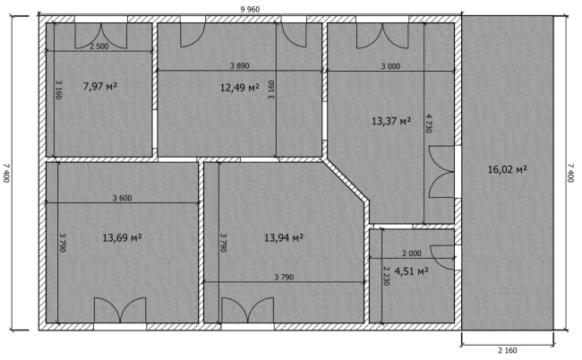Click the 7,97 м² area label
tap(100, 87)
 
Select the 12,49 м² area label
tap(239, 88)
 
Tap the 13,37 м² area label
tap(391, 121)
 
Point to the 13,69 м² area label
tap(122, 237)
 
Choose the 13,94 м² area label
tap(284, 237)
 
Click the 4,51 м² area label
tap(411, 271)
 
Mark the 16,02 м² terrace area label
tap(508, 169)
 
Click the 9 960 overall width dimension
tap(250, 9)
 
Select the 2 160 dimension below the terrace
tap(507, 350)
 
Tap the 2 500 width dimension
tap(99, 47)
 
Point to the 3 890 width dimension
tap(239, 66)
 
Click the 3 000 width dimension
tap(391, 66)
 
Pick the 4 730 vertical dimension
tap(429, 124)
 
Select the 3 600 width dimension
tap(122, 198)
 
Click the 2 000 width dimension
tap(412, 253)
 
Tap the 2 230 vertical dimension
tap(387, 276)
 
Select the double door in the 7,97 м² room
tap(101, 36)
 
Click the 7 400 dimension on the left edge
tap(6, 173)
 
